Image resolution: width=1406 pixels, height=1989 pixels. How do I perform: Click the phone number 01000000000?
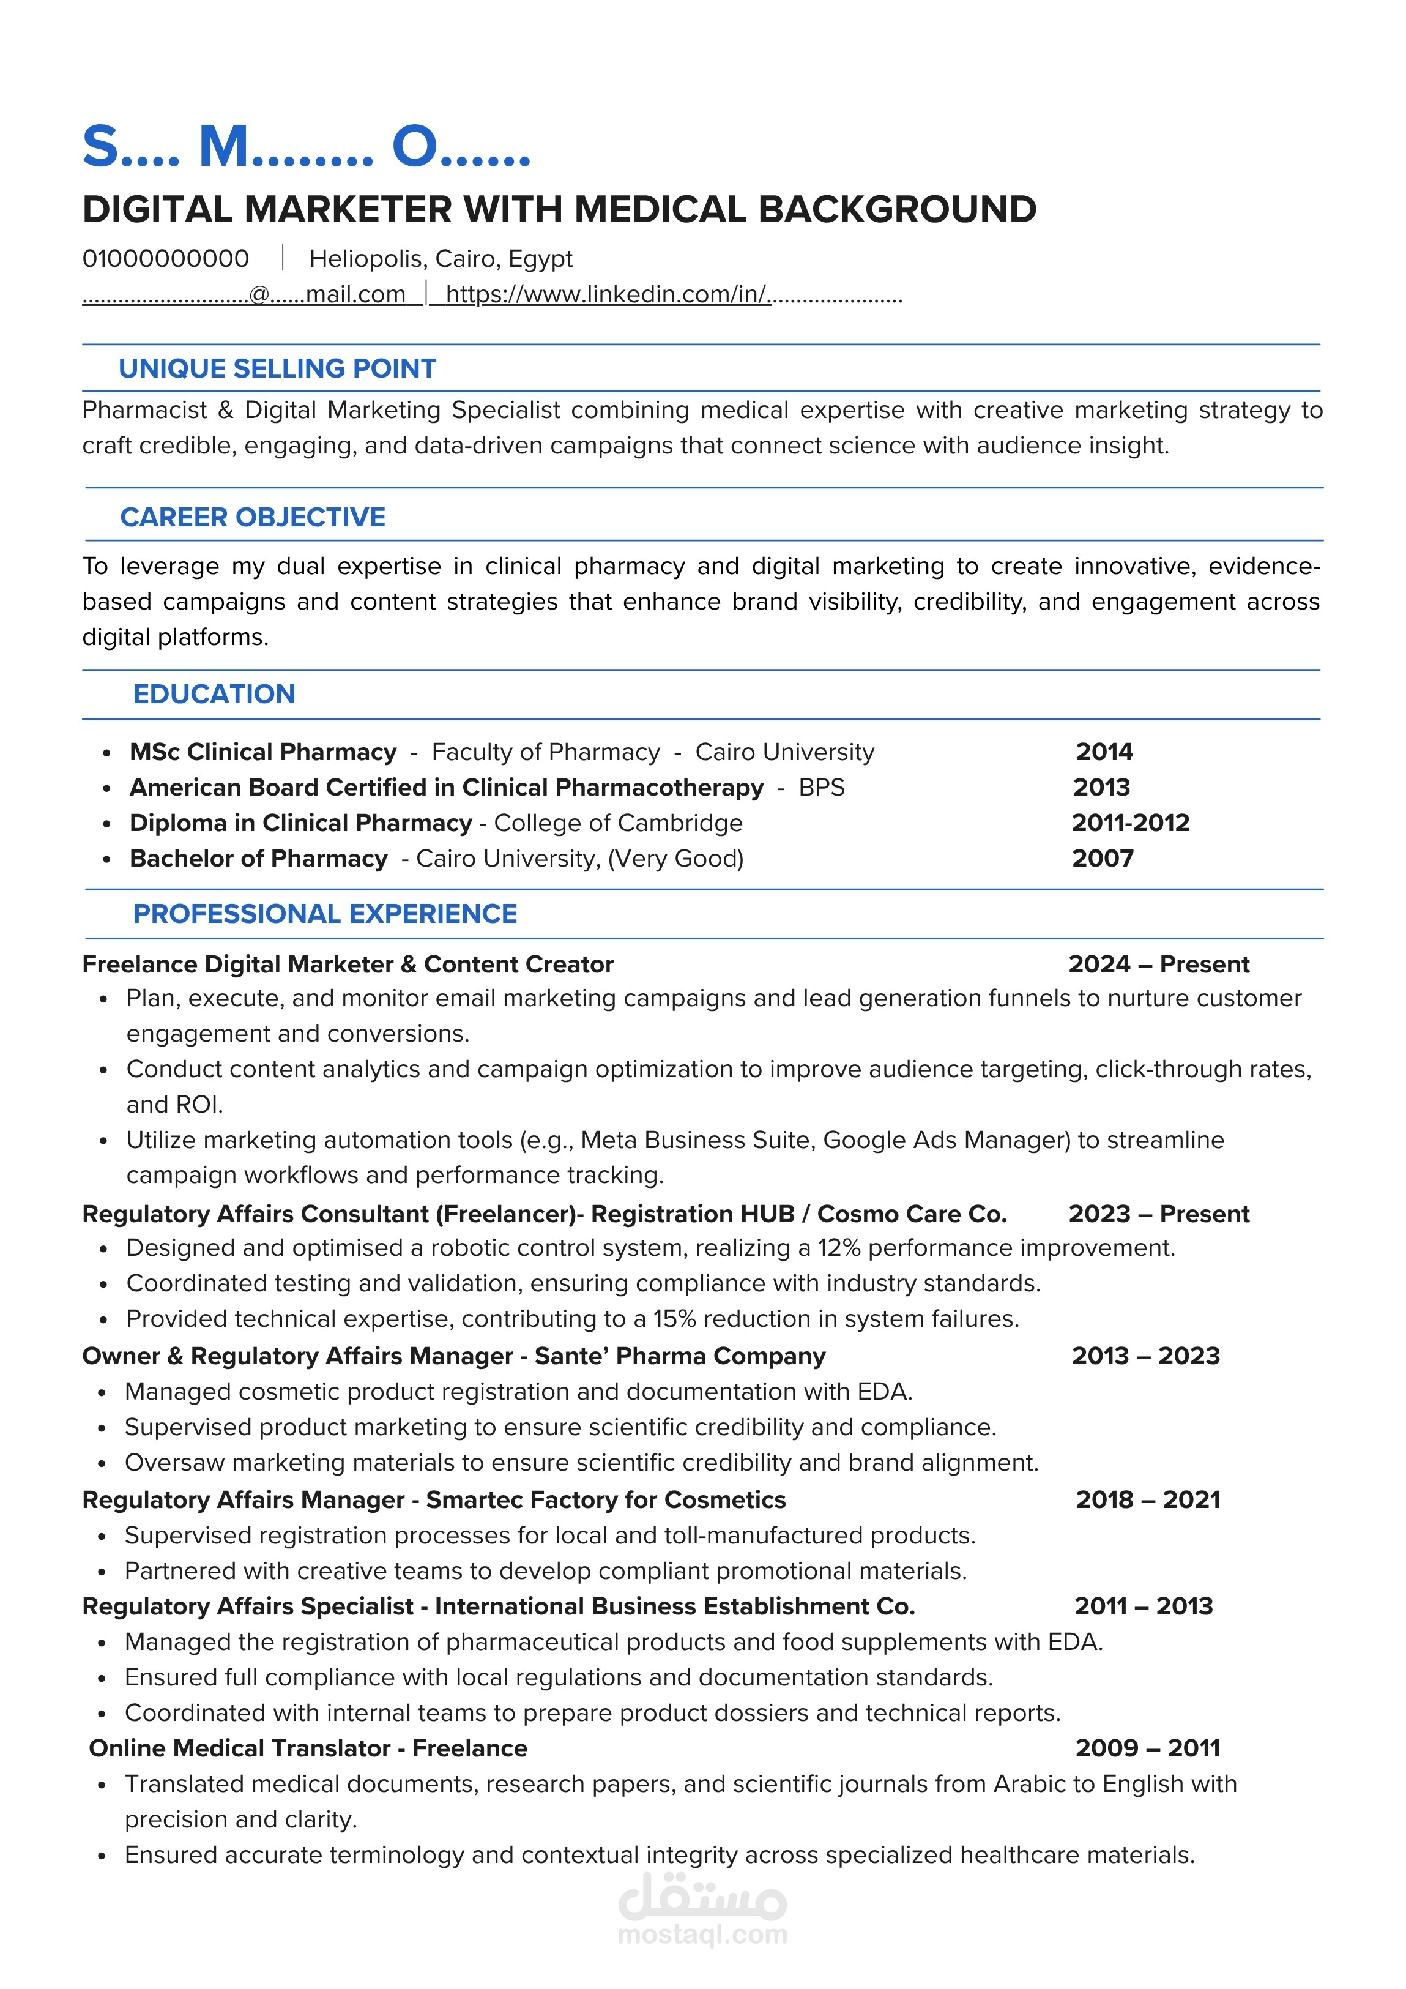pyautogui.click(x=165, y=258)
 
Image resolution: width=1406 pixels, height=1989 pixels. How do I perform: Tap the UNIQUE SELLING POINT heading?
pyautogui.click(x=277, y=368)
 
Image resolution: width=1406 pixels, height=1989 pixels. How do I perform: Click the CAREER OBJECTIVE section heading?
pyautogui.click(x=253, y=517)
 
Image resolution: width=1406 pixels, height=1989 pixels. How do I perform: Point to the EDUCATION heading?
pyautogui.click(x=214, y=694)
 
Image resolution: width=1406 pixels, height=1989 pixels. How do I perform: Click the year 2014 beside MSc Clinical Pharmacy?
pyautogui.click(x=1104, y=752)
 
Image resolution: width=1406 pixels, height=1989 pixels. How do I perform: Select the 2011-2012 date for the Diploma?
pyautogui.click(x=1131, y=823)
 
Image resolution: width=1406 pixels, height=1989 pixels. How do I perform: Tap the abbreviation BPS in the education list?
pyautogui.click(x=821, y=788)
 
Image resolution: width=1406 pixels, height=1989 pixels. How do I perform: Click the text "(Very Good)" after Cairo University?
pyautogui.click(x=675, y=859)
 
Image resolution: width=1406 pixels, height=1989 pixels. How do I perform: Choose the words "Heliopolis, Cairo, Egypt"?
pyautogui.click(x=441, y=258)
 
